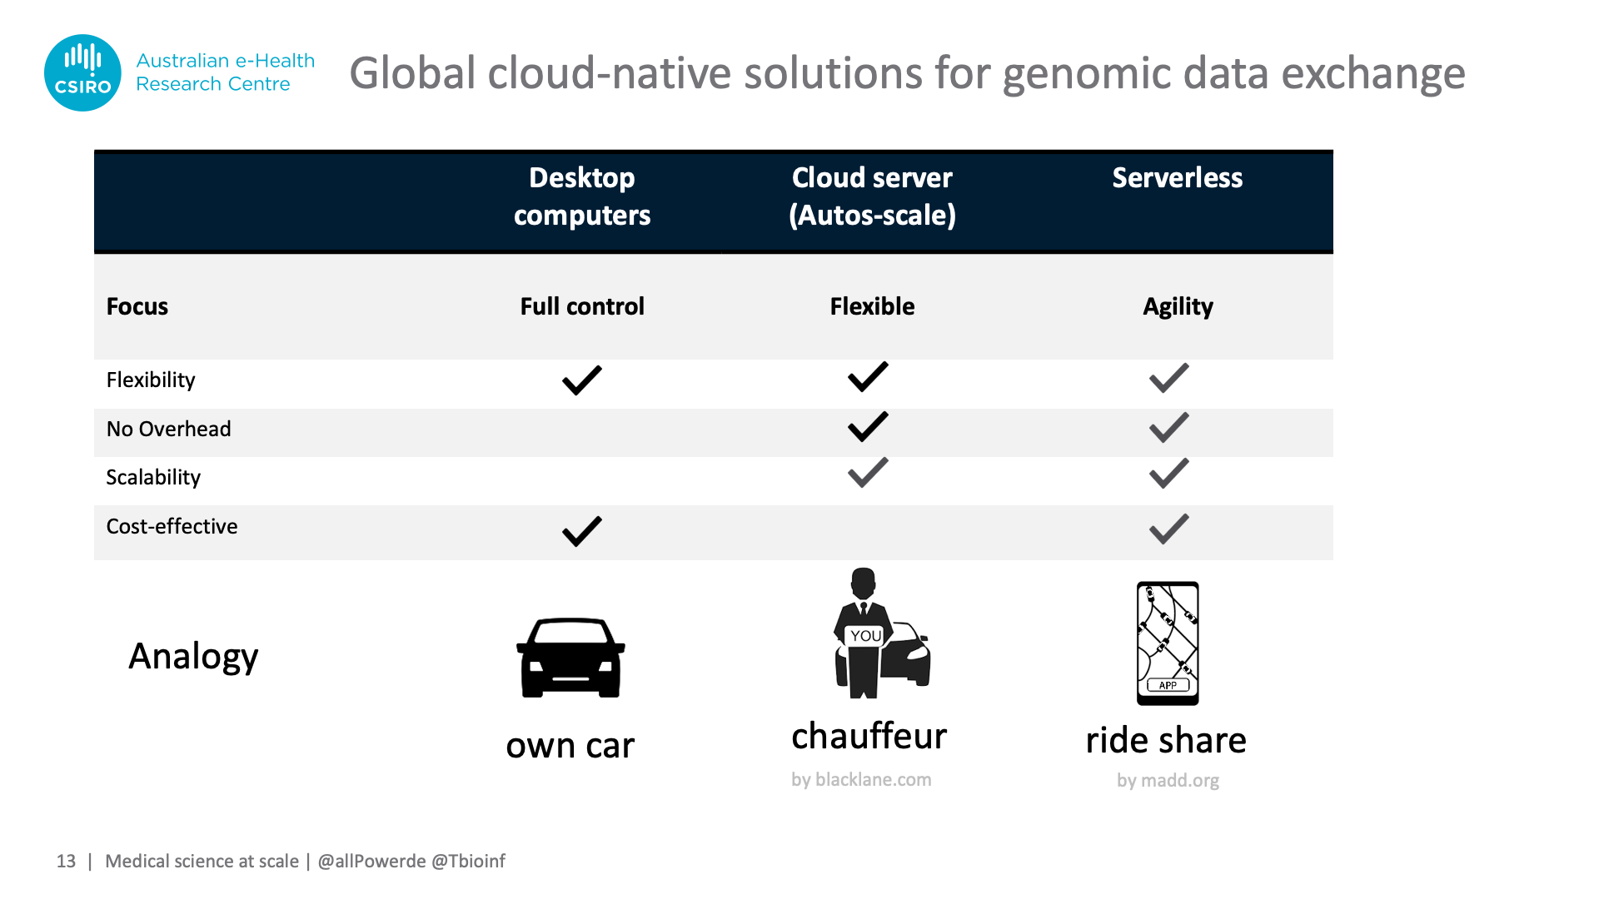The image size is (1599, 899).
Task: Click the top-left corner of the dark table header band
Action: [x=94, y=151]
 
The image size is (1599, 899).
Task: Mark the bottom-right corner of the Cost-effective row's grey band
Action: [x=1333, y=559]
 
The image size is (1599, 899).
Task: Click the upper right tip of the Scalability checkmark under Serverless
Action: [x=1188, y=459]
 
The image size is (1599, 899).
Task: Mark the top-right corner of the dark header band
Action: [x=1333, y=151]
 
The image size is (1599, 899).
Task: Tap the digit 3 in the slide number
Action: [x=71, y=862]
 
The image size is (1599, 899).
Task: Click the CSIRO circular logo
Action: [x=82, y=72]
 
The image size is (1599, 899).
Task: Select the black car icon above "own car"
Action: [x=570, y=658]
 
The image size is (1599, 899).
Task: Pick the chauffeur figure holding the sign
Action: [x=864, y=633]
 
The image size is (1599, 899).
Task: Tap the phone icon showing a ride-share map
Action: [x=1168, y=643]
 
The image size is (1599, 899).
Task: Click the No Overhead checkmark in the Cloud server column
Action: [x=868, y=426]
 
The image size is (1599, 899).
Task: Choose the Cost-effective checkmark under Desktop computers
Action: [x=582, y=531]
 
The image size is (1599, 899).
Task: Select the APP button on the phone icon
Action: [x=1168, y=685]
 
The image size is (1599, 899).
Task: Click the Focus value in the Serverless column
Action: [x=1178, y=307]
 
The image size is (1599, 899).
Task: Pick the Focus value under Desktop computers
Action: [x=582, y=306]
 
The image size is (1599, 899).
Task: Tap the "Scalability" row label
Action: [x=153, y=477]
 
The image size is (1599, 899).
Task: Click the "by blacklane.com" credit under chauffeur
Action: [x=861, y=780]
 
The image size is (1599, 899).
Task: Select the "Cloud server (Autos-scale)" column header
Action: [x=872, y=196]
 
